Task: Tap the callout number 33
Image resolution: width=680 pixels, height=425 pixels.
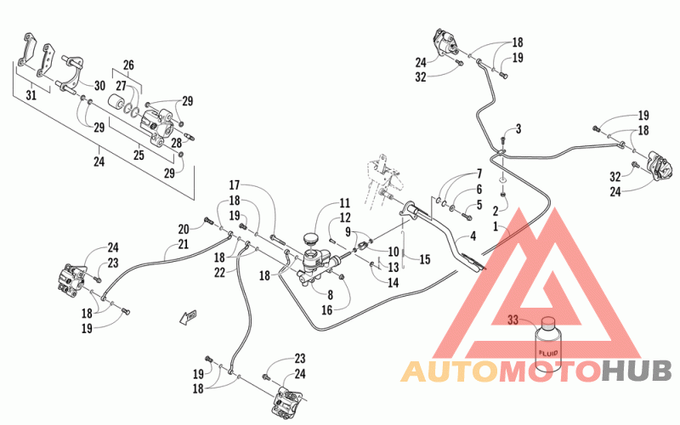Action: [513, 320]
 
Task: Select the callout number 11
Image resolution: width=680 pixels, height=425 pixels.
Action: [345, 203]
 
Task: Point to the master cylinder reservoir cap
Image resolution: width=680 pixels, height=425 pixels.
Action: [310, 239]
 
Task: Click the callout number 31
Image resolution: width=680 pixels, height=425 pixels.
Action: [31, 95]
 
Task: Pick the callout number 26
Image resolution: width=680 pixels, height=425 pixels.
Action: [128, 65]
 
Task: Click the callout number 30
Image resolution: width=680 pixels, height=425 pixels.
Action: [99, 86]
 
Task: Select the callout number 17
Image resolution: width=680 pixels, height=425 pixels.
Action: [235, 185]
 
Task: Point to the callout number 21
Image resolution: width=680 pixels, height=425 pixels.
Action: [184, 244]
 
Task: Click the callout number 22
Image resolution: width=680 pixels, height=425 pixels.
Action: [220, 272]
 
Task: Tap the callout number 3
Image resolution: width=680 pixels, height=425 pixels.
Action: [518, 129]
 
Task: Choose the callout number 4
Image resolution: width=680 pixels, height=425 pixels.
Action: [473, 236]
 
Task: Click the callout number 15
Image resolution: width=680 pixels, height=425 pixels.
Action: [425, 259]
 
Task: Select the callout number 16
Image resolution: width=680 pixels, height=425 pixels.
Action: [326, 309]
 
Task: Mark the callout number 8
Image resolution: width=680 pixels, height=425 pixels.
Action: [330, 295]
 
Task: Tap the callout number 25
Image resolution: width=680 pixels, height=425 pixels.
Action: [139, 155]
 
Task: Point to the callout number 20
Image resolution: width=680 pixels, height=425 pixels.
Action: [184, 229]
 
